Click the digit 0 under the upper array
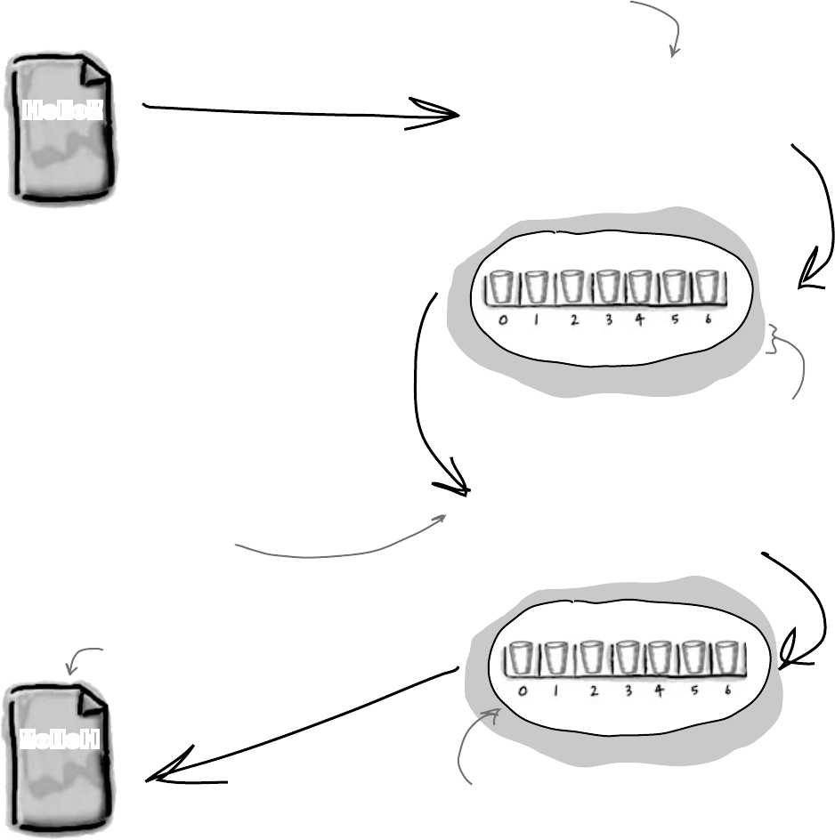pyautogui.click(x=504, y=322)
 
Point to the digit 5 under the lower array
pyautogui.click(x=696, y=692)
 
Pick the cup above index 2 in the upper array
pyautogui.click(x=571, y=287)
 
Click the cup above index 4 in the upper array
pyautogui.click(x=639, y=287)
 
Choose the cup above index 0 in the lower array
pyautogui.click(x=517, y=659)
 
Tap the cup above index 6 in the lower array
pyautogui.click(x=727, y=659)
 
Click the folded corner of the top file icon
pyautogui.click(x=93, y=71)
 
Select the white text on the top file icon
pyautogui.click(x=63, y=110)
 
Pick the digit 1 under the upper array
pyautogui.click(x=537, y=322)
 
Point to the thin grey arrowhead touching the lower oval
pyautogui.click(x=490, y=713)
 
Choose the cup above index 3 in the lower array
pyautogui.click(x=628, y=659)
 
